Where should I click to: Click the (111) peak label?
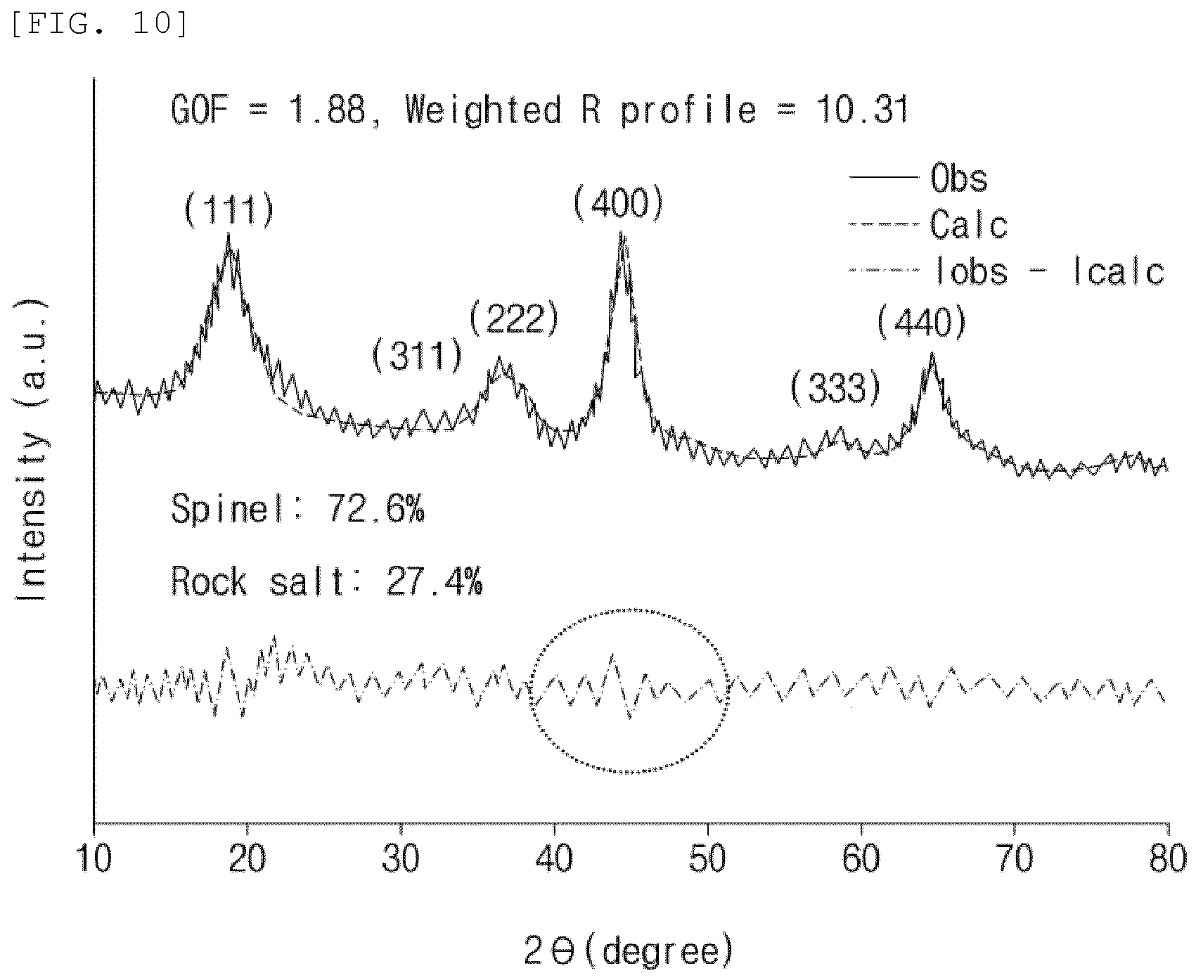[229, 209]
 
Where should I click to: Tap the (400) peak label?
[618, 204]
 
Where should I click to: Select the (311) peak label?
[418, 356]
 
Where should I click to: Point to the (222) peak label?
[514, 319]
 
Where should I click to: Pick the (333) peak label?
[835, 388]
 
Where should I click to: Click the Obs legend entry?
[918, 178]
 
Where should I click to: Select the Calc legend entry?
[928, 225]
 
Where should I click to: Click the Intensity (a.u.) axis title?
[32, 449]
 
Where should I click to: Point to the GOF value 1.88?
[330, 111]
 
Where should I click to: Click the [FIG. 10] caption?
[98, 23]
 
